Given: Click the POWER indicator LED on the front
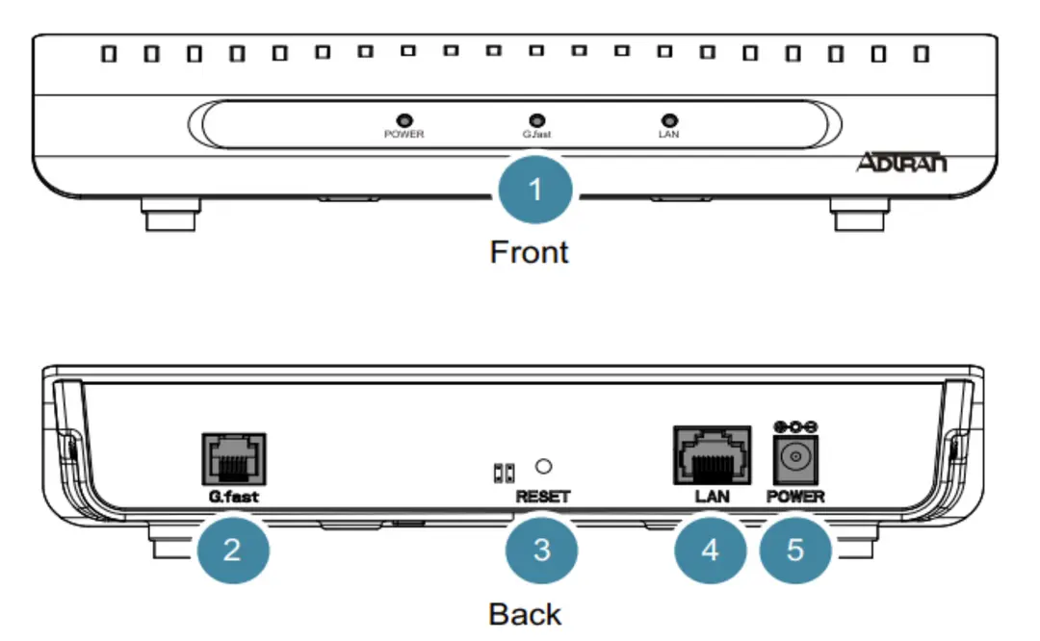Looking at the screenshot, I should (404, 118).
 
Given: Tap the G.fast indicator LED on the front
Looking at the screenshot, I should (536, 118).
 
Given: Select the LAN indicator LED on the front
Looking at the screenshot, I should (668, 118).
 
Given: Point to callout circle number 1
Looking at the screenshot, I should (536, 190).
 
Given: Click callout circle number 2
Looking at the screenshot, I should (232, 551).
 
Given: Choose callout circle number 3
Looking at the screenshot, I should (541, 551).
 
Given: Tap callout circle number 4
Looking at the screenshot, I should (710, 551).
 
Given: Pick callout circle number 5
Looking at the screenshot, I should (794, 551).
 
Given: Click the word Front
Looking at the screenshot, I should (530, 252).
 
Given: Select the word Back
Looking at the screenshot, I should (525, 613).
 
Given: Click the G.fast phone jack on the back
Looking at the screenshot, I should (232, 458).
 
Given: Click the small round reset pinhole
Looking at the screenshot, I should (543, 467).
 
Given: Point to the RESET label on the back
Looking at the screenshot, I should (543, 497).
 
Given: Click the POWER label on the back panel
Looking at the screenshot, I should (795, 497).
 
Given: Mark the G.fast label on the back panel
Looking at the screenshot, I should (232, 498).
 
